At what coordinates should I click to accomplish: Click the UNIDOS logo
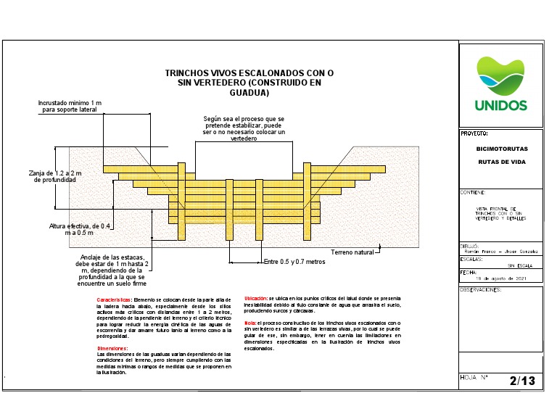500,83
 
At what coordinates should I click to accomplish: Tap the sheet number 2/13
521,380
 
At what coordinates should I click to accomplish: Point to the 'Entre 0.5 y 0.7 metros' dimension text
294,262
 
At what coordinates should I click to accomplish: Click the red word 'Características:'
114,299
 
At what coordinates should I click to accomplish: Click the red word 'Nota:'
249,322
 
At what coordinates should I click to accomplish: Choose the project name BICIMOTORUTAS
501,149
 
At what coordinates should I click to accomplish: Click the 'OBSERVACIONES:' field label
482,288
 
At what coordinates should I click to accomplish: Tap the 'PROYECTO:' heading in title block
474,133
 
